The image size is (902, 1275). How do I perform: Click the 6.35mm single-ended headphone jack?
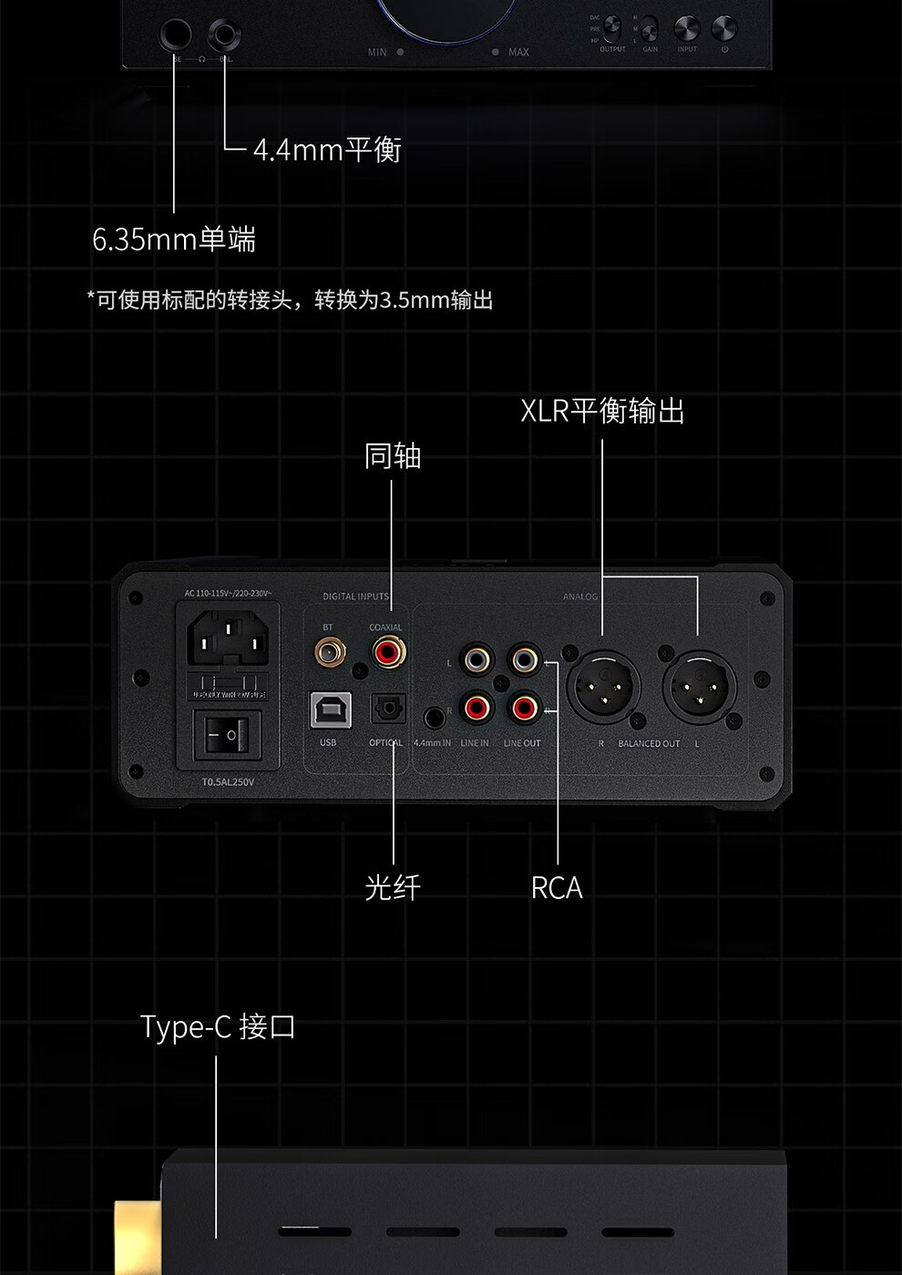[x=175, y=36]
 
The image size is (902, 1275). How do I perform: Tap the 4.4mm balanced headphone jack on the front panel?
[x=223, y=36]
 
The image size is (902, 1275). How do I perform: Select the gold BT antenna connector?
[x=328, y=652]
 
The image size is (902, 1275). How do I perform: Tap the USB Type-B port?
[x=328, y=710]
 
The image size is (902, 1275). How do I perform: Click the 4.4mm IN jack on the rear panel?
[x=434, y=717]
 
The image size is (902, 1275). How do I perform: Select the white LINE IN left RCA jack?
[x=476, y=658]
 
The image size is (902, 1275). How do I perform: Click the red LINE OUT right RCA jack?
[x=524, y=708]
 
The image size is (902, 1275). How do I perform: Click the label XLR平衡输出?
[x=602, y=412]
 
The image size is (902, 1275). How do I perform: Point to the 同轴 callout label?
[x=393, y=456]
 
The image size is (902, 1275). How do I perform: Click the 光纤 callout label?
[x=393, y=887]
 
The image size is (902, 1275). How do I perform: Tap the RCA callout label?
[x=557, y=888]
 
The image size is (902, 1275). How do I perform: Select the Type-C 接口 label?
[x=218, y=1027]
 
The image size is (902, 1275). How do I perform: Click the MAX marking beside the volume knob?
[x=518, y=52]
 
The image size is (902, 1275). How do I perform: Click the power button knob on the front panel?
[x=724, y=28]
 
